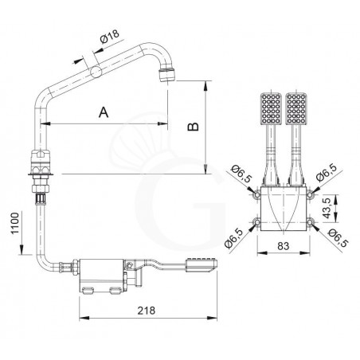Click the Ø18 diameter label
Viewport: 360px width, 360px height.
[110, 37]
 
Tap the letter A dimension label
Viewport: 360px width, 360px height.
[104, 112]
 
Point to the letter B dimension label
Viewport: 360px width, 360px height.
[194, 127]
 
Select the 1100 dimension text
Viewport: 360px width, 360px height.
[15, 223]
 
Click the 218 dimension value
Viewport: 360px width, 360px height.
[147, 311]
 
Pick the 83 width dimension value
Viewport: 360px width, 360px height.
[284, 246]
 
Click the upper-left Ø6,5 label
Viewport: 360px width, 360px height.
[241, 174]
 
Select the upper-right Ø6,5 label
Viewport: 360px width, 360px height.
[327, 172]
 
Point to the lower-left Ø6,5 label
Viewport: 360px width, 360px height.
[233, 238]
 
